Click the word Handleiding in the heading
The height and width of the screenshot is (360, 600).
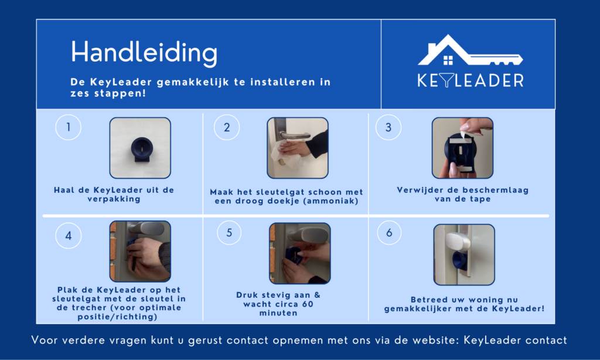coord(144,53)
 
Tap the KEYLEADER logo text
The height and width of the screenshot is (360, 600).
coord(471,80)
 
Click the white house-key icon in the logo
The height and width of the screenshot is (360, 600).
coord(471,50)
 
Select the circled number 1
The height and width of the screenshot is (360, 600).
coord(68,127)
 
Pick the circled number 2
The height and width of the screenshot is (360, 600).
coord(227,127)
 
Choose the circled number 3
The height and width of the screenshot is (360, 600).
coord(388,127)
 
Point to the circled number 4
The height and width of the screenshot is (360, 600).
coord(68,236)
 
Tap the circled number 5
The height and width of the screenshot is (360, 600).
coord(229,232)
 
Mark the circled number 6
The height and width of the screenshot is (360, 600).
coord(389,232)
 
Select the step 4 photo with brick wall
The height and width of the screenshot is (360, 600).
coord(140,251)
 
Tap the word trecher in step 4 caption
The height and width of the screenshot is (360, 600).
coord(85,308)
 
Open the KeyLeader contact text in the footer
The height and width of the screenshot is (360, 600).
coord(515,340)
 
